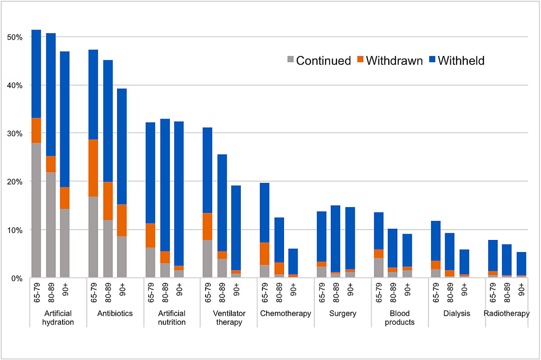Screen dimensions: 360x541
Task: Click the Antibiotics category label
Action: [115, 314]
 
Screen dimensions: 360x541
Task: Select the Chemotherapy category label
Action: [285, 314]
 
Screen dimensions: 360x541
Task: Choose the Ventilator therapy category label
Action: [229, 318]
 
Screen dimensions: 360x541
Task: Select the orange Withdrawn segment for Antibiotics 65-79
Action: [93, 168]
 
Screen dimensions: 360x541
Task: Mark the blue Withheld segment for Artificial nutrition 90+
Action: [179, 194]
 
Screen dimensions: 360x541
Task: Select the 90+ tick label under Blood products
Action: [407, 290]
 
